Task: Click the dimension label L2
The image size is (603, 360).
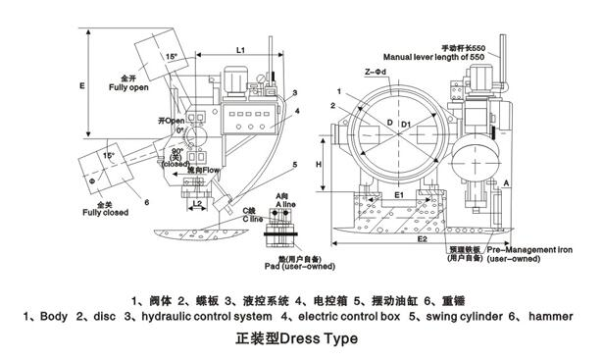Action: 197,204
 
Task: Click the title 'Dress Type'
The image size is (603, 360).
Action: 317,339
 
